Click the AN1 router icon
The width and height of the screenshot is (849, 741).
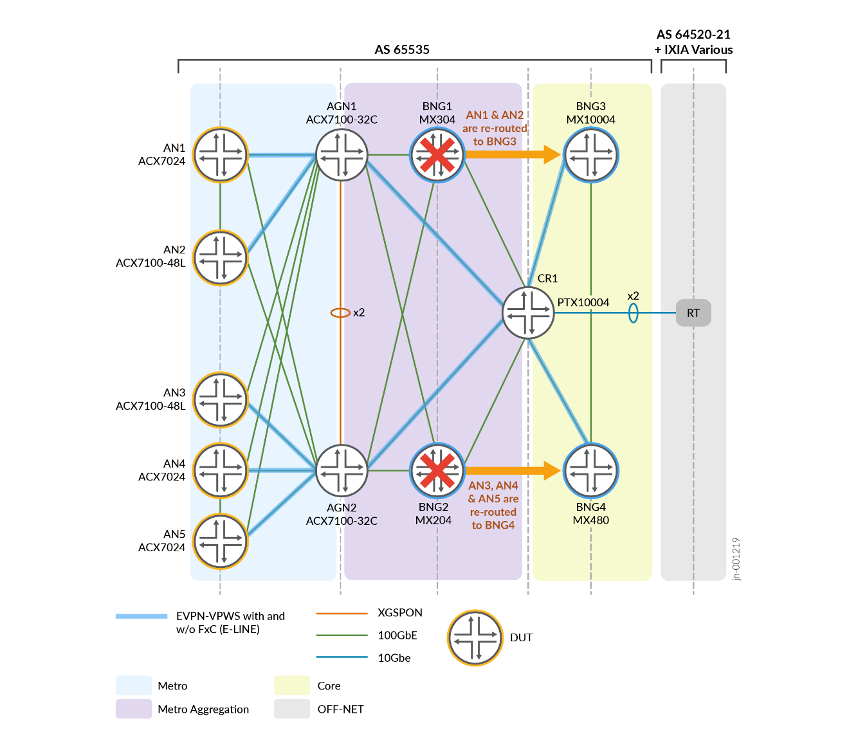(x=221, y=155)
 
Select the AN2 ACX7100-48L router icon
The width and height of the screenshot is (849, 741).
(x=221, y=258)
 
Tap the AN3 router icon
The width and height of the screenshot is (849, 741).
(x=221, y=400)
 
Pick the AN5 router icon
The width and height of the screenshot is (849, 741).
(x=221, y=542)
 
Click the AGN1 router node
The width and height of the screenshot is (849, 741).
(x=342, y=155)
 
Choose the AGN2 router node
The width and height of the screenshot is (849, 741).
(x=342, y=470)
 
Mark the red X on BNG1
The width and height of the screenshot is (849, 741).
(x=437, y=155)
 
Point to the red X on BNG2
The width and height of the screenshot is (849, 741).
(x=437, y=470)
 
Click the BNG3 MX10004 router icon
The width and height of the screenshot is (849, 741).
(x=591, y=155)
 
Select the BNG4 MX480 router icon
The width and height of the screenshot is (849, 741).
(x=591, y=470)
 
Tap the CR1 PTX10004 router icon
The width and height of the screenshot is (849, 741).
(x=528, y=313)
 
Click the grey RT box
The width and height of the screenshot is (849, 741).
(x=693, y=313)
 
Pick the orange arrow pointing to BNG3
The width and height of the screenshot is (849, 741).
(x=513, y=154)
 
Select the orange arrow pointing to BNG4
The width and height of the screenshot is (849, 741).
(x=513, y=470)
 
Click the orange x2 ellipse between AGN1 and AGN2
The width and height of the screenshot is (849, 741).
(x=340, y=313)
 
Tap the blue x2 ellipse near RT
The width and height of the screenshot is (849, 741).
(x=634, y=313)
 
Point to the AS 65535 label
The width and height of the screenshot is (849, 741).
(x=402, y=50)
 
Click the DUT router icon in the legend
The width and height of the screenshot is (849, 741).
(x=475, y=637)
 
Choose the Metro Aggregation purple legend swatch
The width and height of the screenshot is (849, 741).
(x=134, y=709)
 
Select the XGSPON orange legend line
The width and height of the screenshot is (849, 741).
(x=342, y=613)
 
